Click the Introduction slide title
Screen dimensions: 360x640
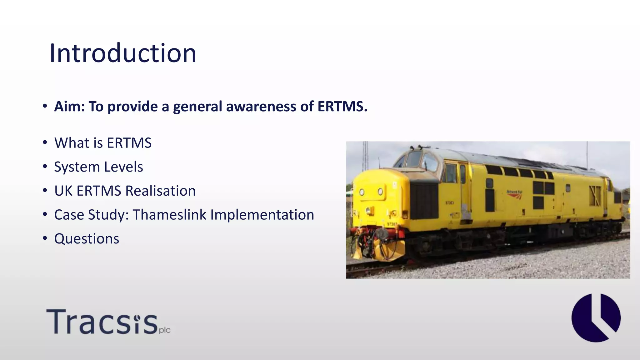(123, 53)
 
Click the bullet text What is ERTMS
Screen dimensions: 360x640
(103, 143)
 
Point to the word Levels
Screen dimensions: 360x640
(123, 167)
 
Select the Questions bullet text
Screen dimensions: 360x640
(87, 239)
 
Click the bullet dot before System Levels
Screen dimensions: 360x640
(45, 167)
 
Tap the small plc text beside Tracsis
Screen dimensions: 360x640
(165, 330)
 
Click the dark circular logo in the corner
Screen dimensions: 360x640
(596, 317)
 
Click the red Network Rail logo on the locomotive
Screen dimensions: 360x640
(514, 194)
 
